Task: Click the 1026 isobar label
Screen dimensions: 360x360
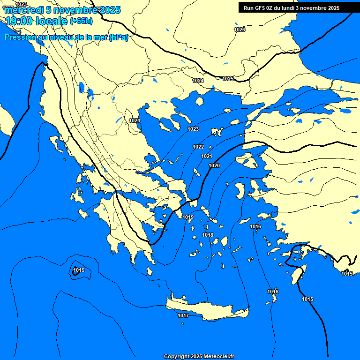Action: coord(240,30)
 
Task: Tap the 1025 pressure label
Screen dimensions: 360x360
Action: coord(228,79)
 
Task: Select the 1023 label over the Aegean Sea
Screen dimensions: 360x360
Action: coord(193,129)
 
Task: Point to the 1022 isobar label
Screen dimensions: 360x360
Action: coord(198,147)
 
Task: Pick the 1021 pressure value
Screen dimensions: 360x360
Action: coord(206,156)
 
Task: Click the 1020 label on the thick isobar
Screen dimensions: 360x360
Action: coord(214,165)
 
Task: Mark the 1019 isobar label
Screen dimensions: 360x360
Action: coord(188,217)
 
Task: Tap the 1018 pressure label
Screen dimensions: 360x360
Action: coord(208,235)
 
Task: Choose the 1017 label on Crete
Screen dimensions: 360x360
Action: coord(183,315)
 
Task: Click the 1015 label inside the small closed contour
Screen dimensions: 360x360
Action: coord(79,270)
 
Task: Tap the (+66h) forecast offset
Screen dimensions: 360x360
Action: coord(81,21)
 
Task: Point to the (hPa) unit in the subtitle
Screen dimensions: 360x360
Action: coord(118,37)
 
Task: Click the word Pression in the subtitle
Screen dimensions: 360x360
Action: coord(19,37)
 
